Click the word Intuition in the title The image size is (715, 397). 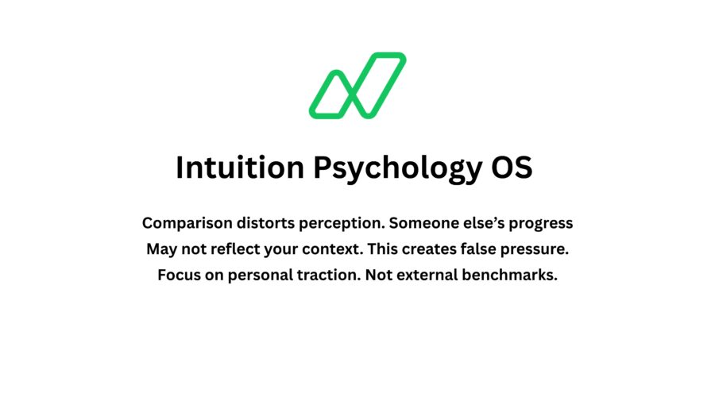[x=240, y=168]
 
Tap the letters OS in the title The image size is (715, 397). [x=512, y=168]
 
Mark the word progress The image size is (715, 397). [x=541, y=224]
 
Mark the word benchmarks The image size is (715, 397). [x=510, y=275]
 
